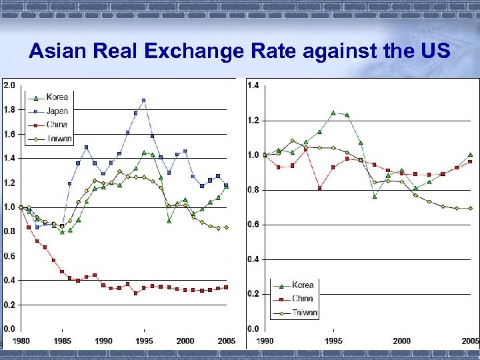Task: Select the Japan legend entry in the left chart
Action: pyautogui.click(x=57, y=111)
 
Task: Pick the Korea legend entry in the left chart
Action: pyautogui.click(x=57, y=97)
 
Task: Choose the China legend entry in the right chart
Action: pyautogui.click(x=302, y=299)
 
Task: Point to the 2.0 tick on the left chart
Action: pyautogui.click(x=9, y=85)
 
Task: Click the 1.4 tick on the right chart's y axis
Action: pyautogui.click(x=254, y=85)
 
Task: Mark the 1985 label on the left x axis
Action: pyautogui.click(x=62, y=341)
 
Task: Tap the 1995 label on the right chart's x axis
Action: pyautogui.click(x=333, y=341)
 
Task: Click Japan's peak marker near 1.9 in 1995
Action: pyautogui.click(x=143, y=101)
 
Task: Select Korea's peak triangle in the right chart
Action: pyautogui.click(x=333, y=113)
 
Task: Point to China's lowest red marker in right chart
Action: pyautogui.click(x=319, y=188)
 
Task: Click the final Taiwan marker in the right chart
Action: pyautogui.click(x=470, y=208)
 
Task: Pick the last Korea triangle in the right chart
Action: pyautogui.click(x=470, y=155)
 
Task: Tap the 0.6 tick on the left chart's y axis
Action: pyautogui.click(x=9, y=256)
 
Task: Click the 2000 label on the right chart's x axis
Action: pyautogui.click(x=402, y=341)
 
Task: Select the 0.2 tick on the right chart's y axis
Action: pyautogui.click(x=254, y=294)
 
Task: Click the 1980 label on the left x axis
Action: pyautogui.click(x=21, y=341)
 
